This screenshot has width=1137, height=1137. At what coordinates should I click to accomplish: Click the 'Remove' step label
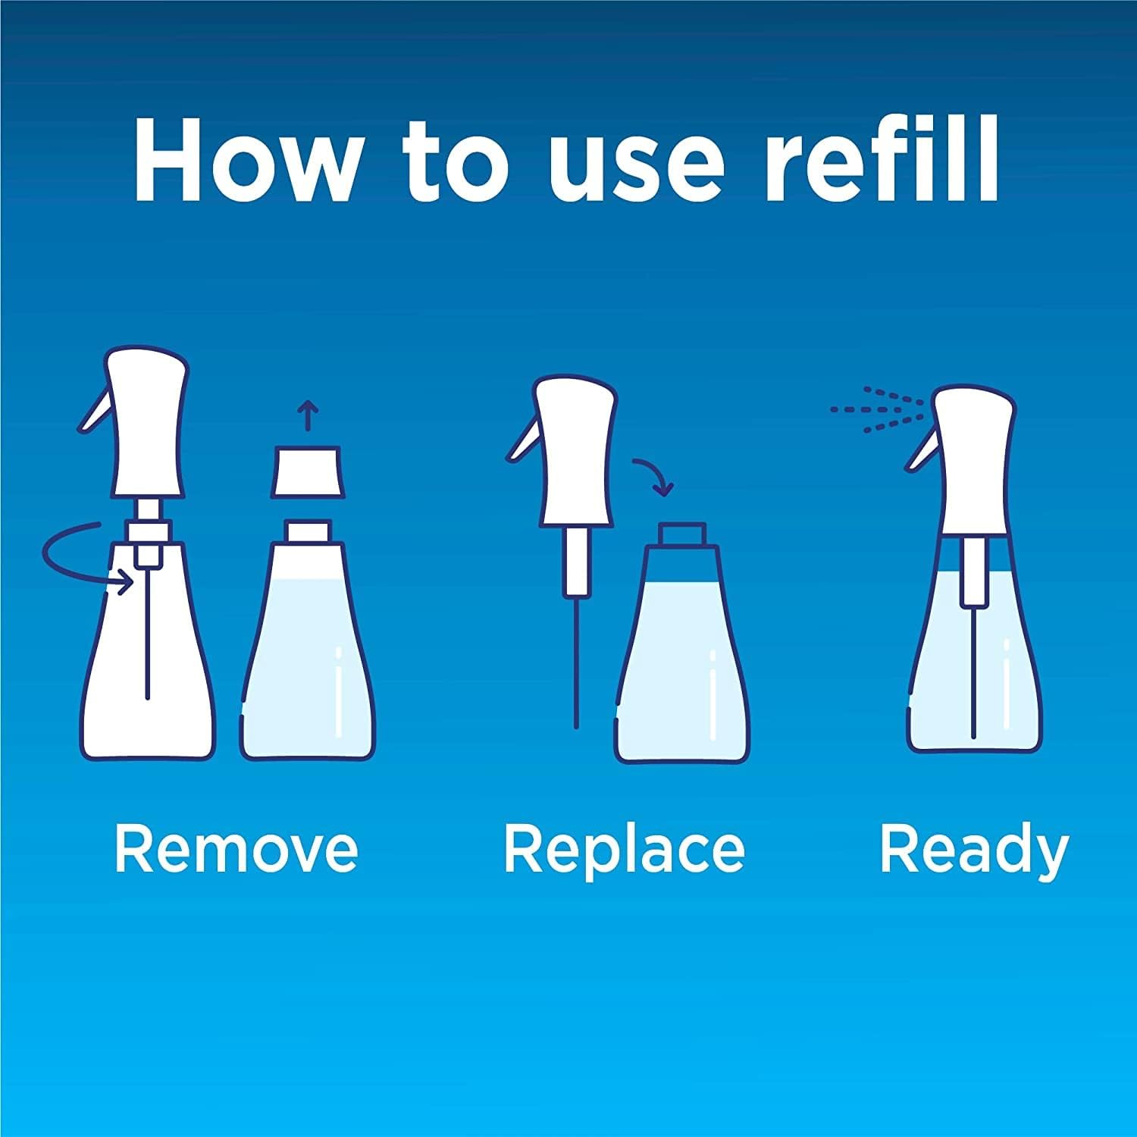(236, 849)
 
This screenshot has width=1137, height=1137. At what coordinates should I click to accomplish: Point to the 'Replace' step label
(624, 849)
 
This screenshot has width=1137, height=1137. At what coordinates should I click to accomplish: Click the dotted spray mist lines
(875, 409)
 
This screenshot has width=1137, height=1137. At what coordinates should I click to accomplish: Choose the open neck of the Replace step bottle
(682, 534)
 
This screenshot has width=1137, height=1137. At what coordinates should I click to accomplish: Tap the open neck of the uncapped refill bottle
(308, 531)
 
